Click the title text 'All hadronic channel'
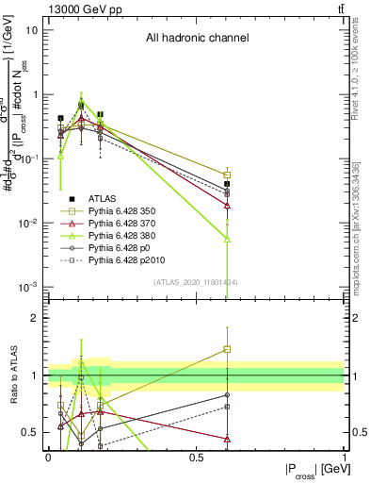point(197,39)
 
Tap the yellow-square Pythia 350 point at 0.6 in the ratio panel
point(227,349)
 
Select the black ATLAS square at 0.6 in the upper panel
point(227,184)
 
